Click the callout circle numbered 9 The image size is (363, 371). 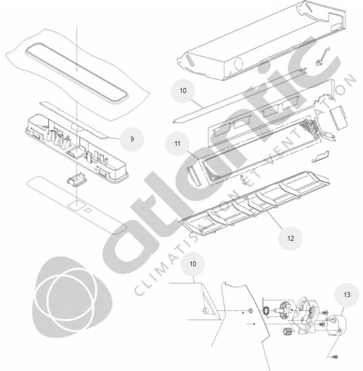(132, 139)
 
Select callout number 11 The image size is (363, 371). (177, 143)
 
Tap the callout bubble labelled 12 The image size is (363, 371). (291, 238)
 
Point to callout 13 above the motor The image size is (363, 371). (347, 295)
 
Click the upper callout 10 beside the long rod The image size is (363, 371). (183, 91)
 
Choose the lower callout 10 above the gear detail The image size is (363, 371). (192, 264)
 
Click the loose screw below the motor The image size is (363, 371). (335, 357)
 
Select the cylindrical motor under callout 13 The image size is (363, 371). (336, 325)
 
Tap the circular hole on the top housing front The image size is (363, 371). (238, 64)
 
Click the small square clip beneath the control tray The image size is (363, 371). (77, 180)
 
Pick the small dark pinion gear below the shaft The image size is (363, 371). (288, 332)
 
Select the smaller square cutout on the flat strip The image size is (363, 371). (89, 209)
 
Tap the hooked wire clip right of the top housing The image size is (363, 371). (322, 57)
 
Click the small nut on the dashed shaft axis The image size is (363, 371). (251, 310)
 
